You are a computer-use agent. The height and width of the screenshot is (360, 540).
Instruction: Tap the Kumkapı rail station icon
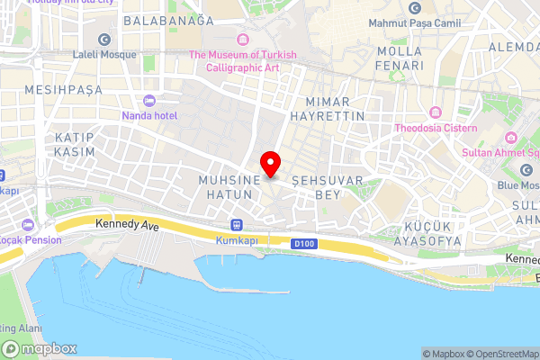[237, 225]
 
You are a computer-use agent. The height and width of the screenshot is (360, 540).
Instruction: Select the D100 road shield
[303, 243]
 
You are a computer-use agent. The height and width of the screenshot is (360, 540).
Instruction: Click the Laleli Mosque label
[105, 54]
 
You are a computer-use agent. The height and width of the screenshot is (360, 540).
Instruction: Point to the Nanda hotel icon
[149, 100]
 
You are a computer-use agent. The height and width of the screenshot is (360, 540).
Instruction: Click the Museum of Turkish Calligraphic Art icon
[242, 39]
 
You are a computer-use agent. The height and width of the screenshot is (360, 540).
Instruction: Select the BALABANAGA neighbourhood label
[169, 20]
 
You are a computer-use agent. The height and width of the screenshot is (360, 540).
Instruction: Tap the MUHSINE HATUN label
[229, 187]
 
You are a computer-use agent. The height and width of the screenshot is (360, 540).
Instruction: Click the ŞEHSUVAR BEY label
[327, 187]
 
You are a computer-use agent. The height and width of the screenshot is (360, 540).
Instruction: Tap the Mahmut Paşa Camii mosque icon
[414, 8]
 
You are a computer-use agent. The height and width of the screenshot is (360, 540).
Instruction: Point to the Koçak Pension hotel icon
[29, 223]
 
